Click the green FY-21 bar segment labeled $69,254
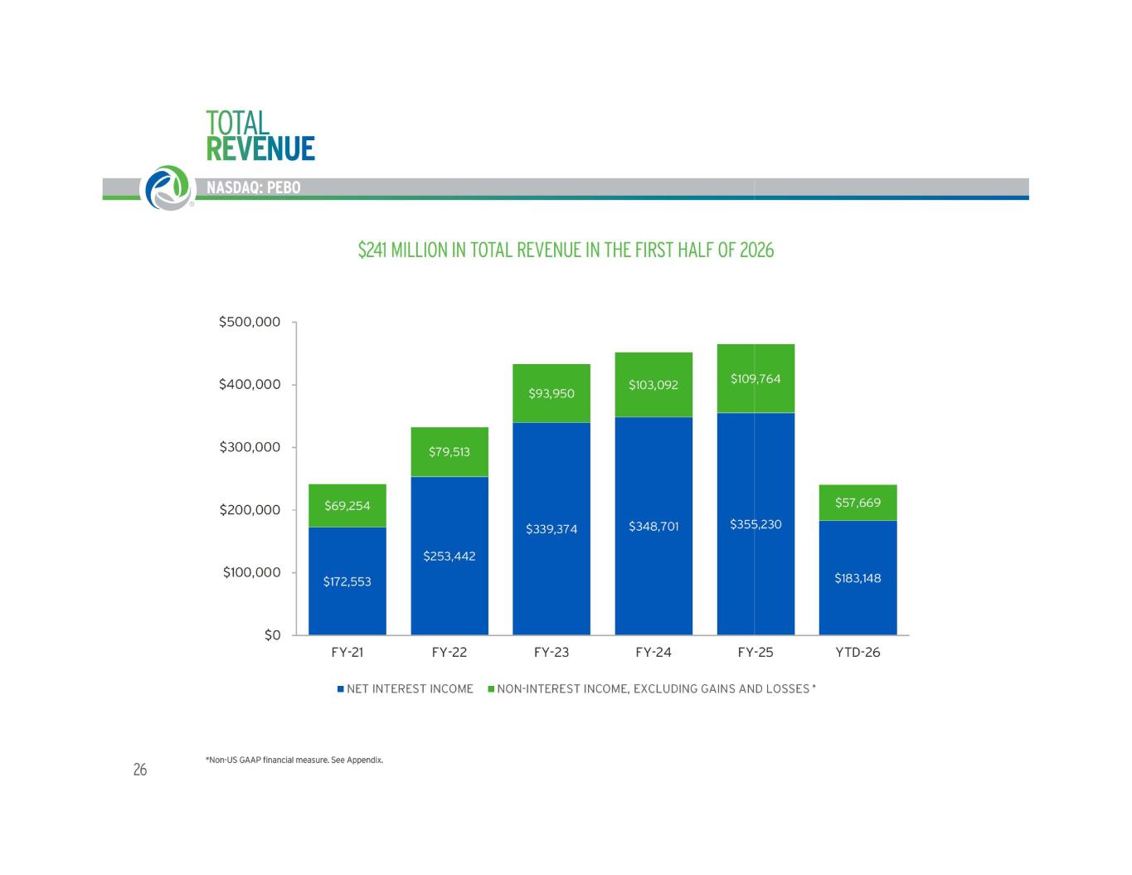coord(347,505)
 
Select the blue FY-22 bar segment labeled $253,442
coord(449,555)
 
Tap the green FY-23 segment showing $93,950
coord(551,393)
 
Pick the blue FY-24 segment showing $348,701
coord(653,526)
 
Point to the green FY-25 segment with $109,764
coord(755,379)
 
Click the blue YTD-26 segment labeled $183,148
coord(858,577)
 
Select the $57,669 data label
coord(858,503)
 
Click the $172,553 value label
coord(347,581)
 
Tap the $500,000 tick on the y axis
coord(250,322)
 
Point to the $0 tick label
coord(273,635)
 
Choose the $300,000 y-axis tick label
coord(250,447)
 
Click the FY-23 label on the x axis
coord(551,652)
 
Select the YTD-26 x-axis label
coord(858,652)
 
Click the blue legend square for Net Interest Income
coord(340,688)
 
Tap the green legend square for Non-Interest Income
coord(490,688)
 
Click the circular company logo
coord(168,188)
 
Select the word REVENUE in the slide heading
coord(260,148)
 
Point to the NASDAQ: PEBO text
coord(254,187)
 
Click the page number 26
coord(140,770)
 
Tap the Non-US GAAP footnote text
coord(294,760)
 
